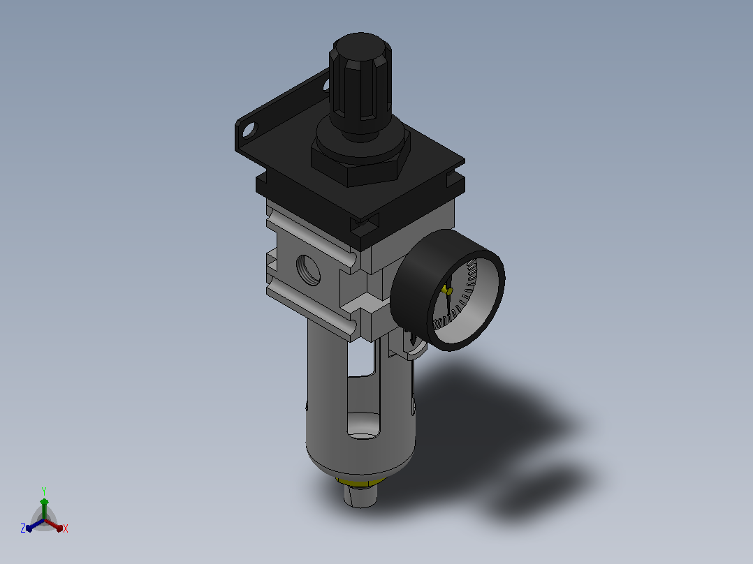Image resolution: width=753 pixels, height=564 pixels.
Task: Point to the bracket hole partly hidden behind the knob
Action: (x=326, y=85)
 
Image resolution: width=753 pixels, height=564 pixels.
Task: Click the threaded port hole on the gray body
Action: (x=308, y=269)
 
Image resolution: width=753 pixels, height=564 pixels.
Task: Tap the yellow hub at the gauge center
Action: (x=447, y=290)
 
